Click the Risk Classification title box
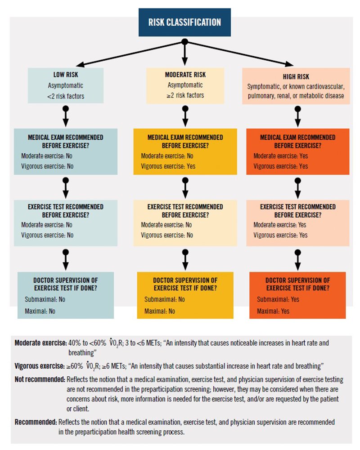click(x=185, y=22)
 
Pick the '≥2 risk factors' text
click(x=184, y=95)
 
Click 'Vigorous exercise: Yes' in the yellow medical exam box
click(x=166, y=166)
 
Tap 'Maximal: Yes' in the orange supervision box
click(x=273, y=311)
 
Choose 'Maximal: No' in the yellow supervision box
click(x=160, y=311)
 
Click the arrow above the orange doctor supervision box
click(x=297, y=261)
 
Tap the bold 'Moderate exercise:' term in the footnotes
click(x=40, y=343)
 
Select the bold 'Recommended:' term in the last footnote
click(x=35, y=422)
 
